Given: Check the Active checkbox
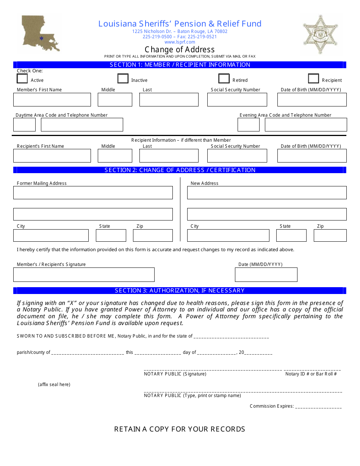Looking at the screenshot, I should tap(22, 78).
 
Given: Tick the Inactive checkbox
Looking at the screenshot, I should tap(123, 78).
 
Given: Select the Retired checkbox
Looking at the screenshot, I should tap(224, 78).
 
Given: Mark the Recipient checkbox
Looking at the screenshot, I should tap(313, 78).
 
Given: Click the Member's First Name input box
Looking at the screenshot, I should tap(52, 100).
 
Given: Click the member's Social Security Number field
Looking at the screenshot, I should tap(237, 100).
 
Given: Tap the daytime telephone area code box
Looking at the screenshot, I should tap(24, 125).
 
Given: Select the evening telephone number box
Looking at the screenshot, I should tap(305, 125).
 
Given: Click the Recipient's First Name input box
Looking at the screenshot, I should tap(52, 156).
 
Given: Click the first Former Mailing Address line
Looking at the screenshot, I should tap(93, 192).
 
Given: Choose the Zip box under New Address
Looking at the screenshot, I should tap(330, 235).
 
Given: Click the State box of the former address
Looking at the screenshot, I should tap(111, 235).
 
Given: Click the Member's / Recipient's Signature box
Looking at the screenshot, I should tap(84, 275).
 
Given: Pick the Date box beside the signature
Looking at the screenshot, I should tap(266, 275).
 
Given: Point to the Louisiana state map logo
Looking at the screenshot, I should tap(40, 33).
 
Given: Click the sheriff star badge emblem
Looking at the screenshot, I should tap(320, 34).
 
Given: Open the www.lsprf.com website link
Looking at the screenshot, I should tap(180, 42).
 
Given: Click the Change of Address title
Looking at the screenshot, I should tap(180, 50).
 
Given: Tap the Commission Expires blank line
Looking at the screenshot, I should tap(318, 407).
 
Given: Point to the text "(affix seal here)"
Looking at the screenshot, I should tap(54, 385).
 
